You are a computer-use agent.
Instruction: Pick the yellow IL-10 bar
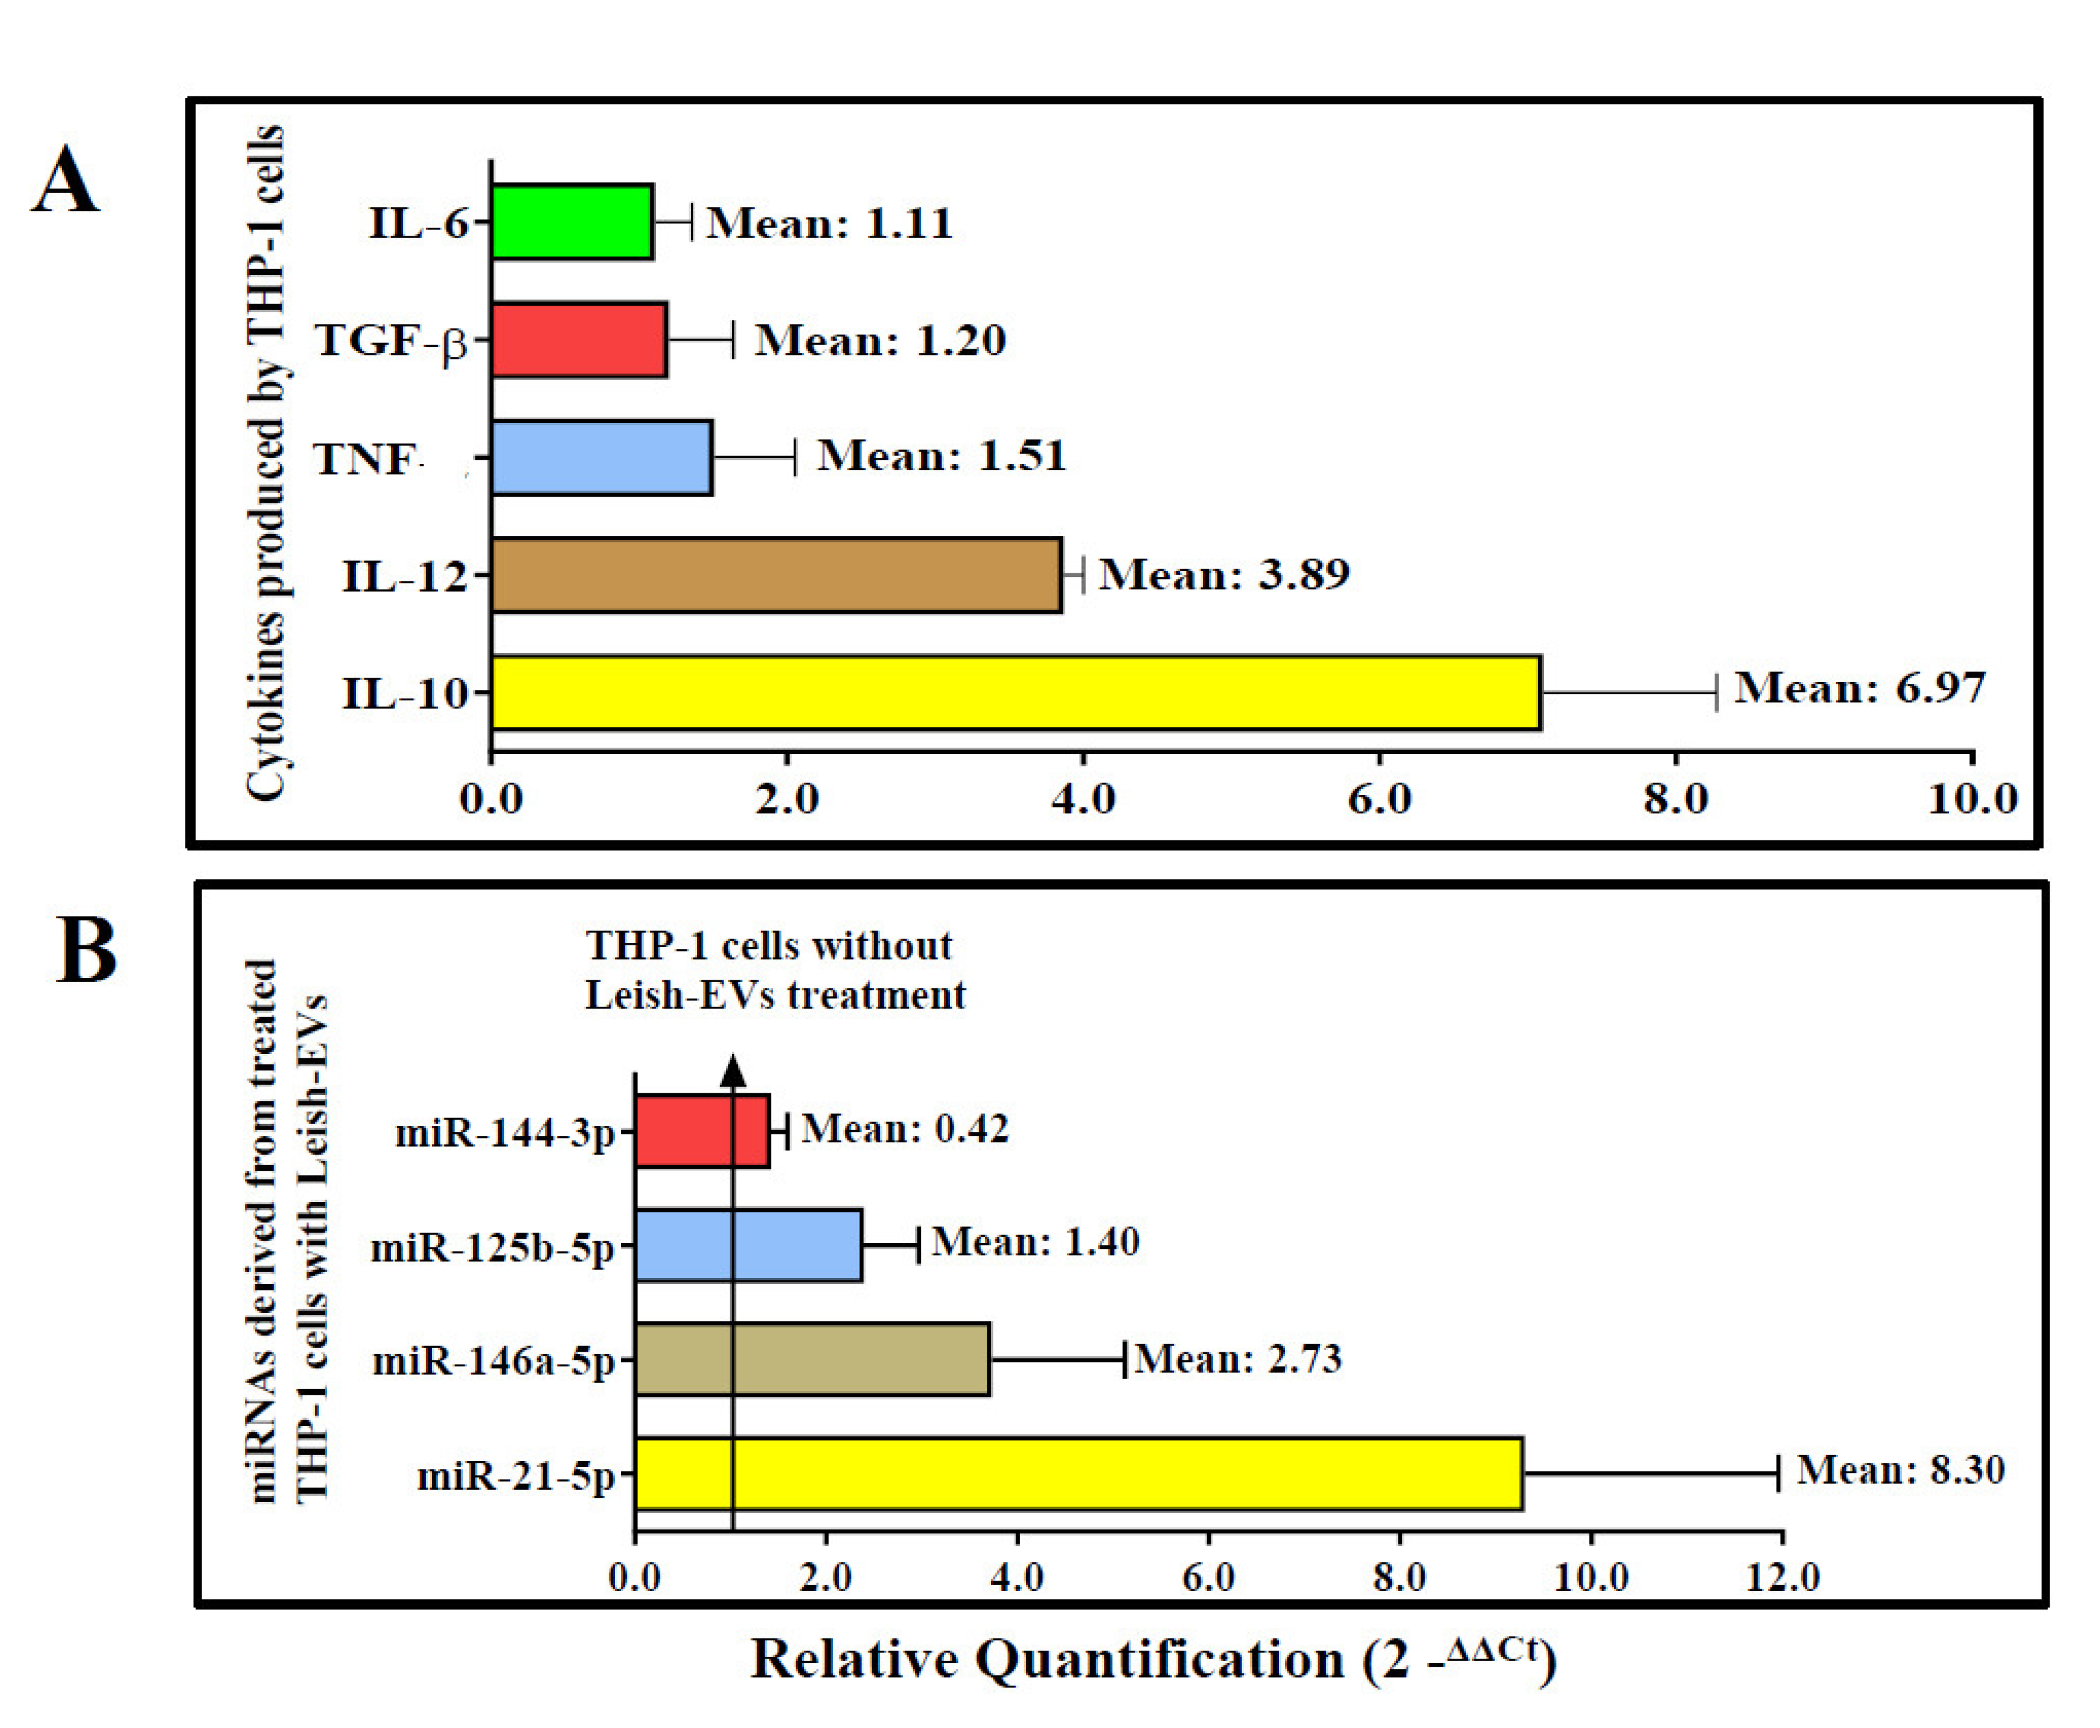1015,693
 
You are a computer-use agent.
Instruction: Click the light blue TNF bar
601,458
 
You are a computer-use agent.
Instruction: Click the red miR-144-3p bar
701,1131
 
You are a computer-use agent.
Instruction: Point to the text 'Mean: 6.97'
1859,688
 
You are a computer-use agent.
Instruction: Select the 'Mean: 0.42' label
904,1129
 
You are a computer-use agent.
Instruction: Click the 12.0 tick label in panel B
1782,1578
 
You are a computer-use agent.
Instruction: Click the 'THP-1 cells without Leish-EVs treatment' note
774,969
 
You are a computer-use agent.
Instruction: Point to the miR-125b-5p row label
493,1246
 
